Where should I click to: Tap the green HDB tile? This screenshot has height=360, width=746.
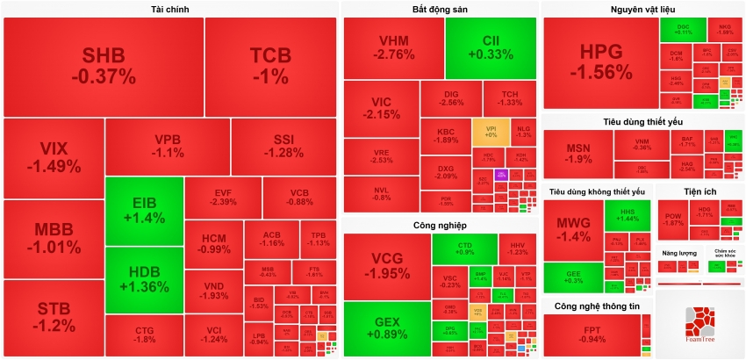pos(144,280)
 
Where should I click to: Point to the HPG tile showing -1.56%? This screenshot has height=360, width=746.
pos(600,62)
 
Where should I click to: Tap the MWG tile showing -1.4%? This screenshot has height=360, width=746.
pos(574,229)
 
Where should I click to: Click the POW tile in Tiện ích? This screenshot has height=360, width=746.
pos(672,219)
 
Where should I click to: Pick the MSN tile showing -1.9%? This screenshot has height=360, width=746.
pos(577,154)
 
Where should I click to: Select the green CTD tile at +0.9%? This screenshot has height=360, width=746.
pos(464,248)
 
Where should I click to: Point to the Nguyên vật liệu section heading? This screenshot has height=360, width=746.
pos(643,10)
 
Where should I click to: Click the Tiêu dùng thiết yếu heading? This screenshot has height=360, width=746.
pos(642,121)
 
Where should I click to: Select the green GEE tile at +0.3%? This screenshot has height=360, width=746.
pos(574,277)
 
